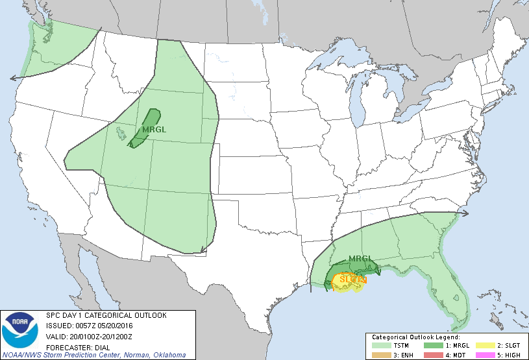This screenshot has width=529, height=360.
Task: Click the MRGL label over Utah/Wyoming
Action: point(154,129)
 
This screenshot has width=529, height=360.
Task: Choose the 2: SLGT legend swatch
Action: point(485,346)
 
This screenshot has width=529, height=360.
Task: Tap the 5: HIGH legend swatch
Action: point(485,354)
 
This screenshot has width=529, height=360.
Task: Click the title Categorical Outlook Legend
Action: point(415,338)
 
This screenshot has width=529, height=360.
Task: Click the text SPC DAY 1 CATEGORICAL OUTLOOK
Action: point(106,315)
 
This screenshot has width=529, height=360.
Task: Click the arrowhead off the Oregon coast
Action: point(13,77)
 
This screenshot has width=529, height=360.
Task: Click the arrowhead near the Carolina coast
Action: point(465,212)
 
